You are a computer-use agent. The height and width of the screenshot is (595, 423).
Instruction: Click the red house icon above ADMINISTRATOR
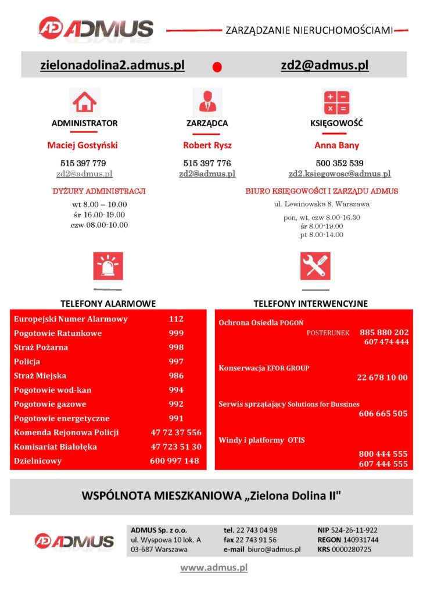click(x=85, y=102)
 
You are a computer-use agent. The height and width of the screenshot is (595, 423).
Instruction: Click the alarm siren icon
click(x=108, y=267)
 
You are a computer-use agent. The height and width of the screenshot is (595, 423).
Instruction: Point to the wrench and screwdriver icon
click(x=315, y=267)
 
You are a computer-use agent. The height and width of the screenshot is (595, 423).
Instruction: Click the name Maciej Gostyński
click(x=83, y=145)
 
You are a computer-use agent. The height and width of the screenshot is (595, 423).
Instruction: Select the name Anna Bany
click(x=337, y=145)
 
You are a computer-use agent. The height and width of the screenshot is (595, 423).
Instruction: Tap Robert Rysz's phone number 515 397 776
click(x=207, y=163)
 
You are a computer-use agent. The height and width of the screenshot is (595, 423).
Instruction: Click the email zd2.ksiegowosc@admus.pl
click(x=340, y=174)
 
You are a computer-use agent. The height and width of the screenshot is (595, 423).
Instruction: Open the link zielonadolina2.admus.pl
click(x=112, y=65)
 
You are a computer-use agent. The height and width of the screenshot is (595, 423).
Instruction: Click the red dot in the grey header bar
click(x=217, y=67)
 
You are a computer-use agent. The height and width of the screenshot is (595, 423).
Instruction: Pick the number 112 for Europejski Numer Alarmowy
click(x=176, y=319)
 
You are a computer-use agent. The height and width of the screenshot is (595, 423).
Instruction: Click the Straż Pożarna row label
click(x=41, y=347)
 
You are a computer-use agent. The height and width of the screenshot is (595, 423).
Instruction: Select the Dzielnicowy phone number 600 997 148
click(x=174, y=461)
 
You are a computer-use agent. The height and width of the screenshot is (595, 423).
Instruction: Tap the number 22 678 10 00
click(x=382, y=378)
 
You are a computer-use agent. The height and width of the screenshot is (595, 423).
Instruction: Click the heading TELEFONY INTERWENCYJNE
click(x=310, y=303)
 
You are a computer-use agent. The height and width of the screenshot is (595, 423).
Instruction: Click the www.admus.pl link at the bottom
click(x=214, y=568)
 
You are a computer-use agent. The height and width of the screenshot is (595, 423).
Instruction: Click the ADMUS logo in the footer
click(x=74, y=542)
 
